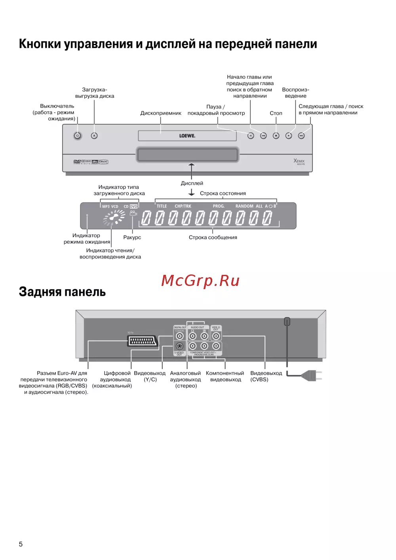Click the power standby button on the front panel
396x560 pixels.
(x=78, y=135)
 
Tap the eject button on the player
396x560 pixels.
(x=94, y=135)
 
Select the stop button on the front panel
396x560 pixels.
(x=276, y=135)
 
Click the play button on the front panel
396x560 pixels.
(x=289, y=135)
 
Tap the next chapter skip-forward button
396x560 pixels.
(x=301, y=135)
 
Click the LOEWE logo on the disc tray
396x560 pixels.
(x=187, y=136)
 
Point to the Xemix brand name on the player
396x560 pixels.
(x=299, y=161)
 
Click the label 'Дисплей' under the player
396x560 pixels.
(x=192, y=183)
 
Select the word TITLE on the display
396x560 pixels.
(x=162, y=206)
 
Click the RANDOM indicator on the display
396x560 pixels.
(x=244, y=206)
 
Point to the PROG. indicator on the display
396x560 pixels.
(x=219, y=206)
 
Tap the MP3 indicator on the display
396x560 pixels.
(x=106, y=207)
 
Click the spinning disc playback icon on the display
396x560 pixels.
(x=114, y=217)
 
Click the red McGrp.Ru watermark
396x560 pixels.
(x=200, y=281)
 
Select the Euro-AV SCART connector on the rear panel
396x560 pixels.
(x=143, y=341)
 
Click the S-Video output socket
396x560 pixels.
(x=179, y=346)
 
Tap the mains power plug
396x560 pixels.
(x=312, y=375)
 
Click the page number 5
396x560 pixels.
(x=21, y=544)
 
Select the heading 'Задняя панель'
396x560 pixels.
(x=62, y=292)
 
